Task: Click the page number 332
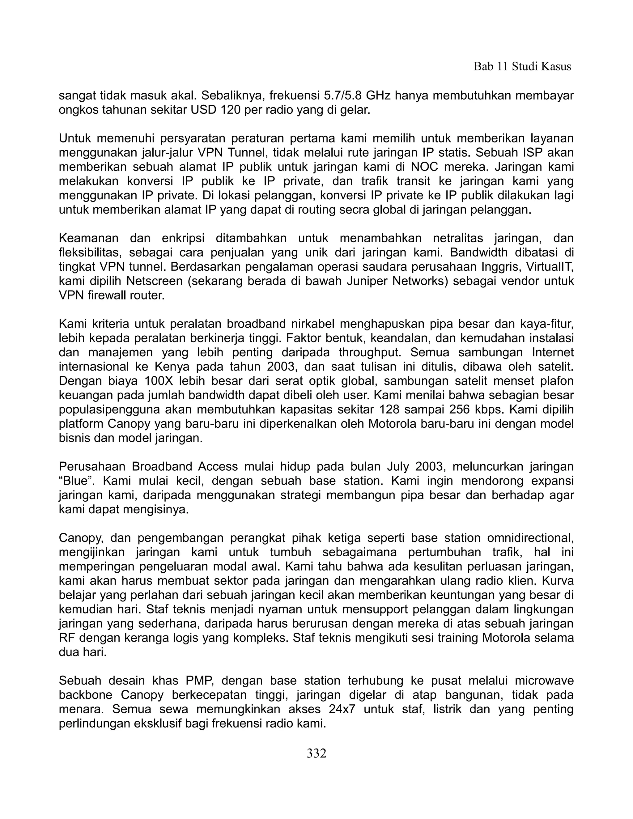coord(316,753)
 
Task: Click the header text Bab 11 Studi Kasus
coord(522,67)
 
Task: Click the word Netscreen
coord(155,281)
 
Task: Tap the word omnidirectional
coord(530,538)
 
